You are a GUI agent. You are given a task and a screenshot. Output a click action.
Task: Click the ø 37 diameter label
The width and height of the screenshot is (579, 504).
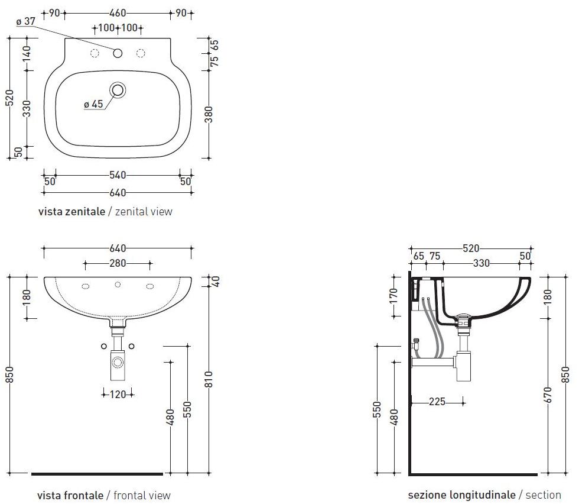click(25, 21)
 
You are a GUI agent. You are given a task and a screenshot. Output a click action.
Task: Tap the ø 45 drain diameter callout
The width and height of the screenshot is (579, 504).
click(93, 104)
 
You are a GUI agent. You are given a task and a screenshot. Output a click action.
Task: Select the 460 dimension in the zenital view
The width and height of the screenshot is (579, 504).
click(118, 14)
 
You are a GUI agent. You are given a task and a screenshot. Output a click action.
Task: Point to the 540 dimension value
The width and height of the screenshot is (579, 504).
click(118, 175)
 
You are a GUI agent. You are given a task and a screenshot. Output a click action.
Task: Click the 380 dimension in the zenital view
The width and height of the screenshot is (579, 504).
click(209, 114)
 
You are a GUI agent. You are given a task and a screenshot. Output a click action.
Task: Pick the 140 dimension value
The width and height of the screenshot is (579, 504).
click(27, 54)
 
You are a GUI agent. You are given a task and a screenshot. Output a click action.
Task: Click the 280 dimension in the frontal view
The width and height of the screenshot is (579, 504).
click(118, 263)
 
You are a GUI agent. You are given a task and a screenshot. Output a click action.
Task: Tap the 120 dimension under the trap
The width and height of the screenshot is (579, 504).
click(118, 395)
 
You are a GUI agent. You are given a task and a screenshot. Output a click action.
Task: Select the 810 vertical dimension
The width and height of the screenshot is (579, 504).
click(209, 379)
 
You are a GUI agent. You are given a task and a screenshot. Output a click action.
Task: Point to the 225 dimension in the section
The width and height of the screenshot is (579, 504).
click(437, 402)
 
